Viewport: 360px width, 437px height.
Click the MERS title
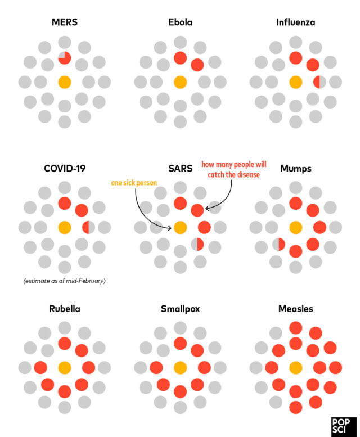pos(64,23)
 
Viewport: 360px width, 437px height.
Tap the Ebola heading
pos(180,23)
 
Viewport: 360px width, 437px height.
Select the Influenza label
pos(295,23)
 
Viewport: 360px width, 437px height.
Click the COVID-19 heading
pos(64,168)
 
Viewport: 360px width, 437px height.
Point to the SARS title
pos(180,168)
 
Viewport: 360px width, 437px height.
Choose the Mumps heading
pos(295,168)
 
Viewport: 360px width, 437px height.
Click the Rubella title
pos(64,309)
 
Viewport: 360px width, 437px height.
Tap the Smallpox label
pos(180,309)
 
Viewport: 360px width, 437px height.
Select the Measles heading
pos(295,309)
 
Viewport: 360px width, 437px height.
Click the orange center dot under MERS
pos(65,82)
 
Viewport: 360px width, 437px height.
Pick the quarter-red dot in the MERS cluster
pos(65,57)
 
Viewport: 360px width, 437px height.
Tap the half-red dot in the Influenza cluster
pos(319,82)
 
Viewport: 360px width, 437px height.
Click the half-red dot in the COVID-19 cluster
pos(89,227)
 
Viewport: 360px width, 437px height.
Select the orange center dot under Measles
pos(295,368)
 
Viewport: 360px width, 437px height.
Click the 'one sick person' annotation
pos(133,183)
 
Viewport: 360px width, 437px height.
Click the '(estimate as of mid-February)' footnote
pos(65,280)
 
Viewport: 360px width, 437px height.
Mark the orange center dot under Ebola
pos(180,82)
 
